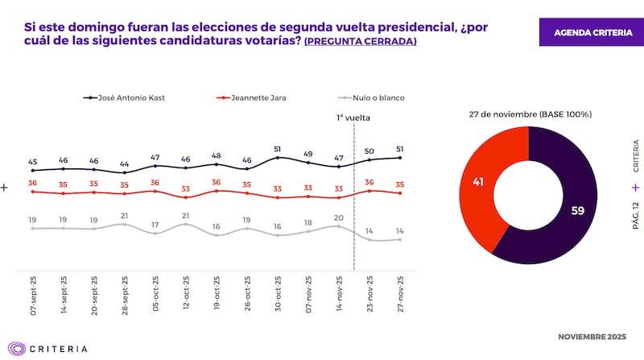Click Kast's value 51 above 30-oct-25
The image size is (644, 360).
[278, 148]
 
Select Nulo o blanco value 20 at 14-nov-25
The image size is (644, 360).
[339, 217]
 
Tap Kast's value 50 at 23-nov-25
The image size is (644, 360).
[369, 151]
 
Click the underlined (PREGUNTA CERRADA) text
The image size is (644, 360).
[360, 40]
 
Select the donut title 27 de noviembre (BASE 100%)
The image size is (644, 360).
[530, 114]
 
